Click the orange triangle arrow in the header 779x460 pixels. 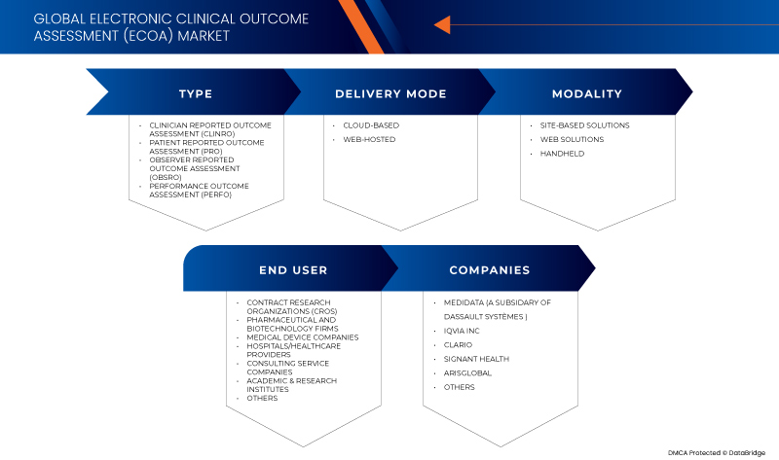[441, 24]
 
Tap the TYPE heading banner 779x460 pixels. [195, 93]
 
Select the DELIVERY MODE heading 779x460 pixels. [390, 93]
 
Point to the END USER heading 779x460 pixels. [293, 269]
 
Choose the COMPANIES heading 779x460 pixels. [490, 269]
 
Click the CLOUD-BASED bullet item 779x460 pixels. [371, 125]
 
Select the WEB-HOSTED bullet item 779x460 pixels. [370, 139]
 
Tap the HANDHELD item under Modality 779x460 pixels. [563, 154]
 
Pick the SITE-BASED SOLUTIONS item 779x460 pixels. [585, 125]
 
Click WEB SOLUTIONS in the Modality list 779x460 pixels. [572, 139]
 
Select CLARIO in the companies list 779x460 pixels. [458, 344]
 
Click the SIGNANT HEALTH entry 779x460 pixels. [475, 359]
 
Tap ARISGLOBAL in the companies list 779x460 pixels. [467, 372]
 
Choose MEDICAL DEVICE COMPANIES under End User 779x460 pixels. [302, 337]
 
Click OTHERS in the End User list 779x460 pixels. [262, 398]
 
